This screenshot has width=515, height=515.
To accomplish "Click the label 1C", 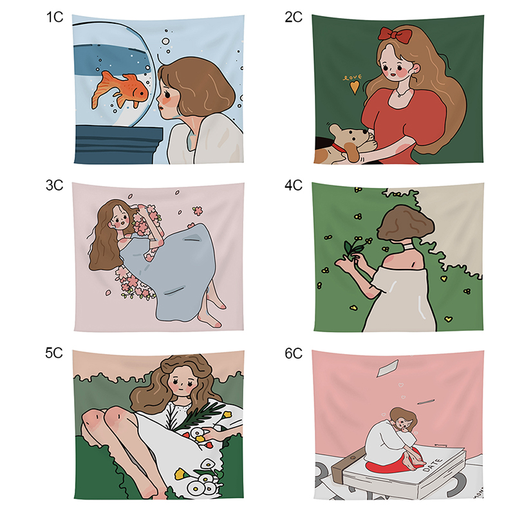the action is pos(55,17).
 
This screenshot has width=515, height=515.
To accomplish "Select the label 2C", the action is pos(294,17).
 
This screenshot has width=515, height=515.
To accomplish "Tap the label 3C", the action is pos(54,185).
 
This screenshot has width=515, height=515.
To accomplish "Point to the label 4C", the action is pos(294,185).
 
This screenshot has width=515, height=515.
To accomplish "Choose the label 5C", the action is pos(54,353).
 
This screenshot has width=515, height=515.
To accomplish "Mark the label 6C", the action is pos(294,353).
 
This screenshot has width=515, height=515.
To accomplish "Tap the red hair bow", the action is pos(395,35).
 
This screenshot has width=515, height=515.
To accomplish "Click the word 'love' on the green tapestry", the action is pos(352,77).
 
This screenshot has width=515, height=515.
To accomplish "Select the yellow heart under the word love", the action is pos(354,88).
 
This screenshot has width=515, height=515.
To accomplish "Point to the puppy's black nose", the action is pos(365,131).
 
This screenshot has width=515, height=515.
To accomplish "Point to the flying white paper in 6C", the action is pos(388,368).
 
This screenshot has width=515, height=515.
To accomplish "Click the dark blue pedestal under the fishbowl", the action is pos(119,145).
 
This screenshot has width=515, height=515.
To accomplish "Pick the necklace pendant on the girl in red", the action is pos(398,95).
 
